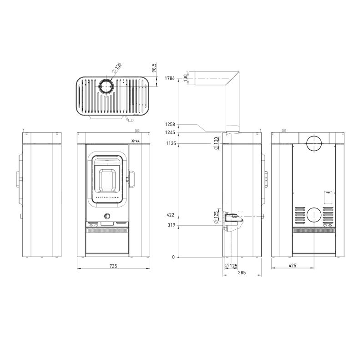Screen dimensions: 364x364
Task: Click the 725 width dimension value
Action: (113, 266)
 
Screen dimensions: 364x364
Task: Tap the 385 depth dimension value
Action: (242, 273)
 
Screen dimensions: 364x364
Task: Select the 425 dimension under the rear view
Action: (293, 265)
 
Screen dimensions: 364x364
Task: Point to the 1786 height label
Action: (170, 78)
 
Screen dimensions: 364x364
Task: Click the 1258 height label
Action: (170, 124)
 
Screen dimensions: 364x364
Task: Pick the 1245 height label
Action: (170, 132)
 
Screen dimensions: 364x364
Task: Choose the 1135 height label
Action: (171, 143)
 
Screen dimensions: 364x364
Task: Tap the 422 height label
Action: (170, 215)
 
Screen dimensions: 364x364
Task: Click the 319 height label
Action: (172, 225)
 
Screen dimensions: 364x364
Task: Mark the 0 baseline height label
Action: (173, 257)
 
